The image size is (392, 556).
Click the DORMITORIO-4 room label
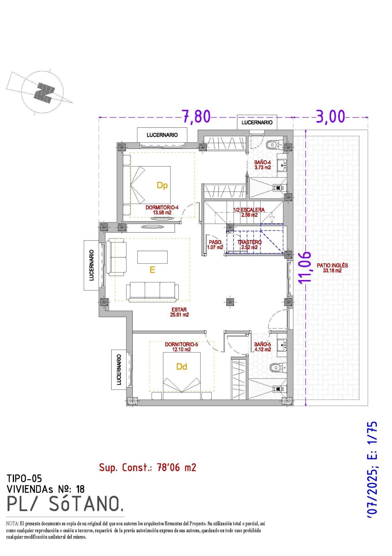162,210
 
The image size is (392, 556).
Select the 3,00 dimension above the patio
331,116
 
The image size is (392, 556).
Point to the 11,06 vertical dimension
305,267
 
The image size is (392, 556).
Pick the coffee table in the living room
152,257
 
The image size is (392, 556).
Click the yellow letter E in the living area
152,270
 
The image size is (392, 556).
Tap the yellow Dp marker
162,186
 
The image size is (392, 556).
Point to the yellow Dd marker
182,367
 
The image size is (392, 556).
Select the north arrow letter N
44,92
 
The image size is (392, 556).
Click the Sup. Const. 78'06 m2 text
147,467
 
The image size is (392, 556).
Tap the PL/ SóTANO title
65,504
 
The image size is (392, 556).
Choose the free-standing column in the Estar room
230,302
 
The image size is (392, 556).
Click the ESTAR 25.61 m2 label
179,312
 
